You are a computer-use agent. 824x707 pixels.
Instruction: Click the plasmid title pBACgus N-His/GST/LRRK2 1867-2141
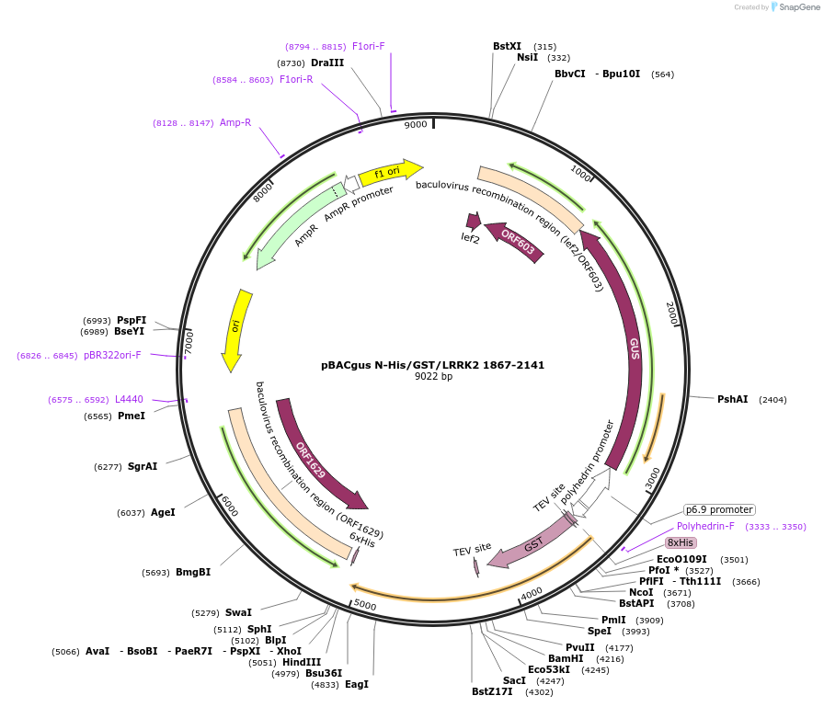pos(433,365)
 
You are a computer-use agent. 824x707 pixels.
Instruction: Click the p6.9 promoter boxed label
pos(719,509)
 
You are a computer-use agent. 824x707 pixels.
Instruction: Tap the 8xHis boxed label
pos(681,543)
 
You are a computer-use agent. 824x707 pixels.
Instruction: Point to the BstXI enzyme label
pos(507,46)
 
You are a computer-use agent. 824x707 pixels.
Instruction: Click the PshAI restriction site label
pos(733,399)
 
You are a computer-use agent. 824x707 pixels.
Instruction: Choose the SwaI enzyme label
pos(238,612)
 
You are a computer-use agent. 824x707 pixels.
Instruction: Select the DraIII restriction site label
pos(327,63)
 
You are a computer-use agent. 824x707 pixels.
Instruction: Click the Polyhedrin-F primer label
pos(705,527)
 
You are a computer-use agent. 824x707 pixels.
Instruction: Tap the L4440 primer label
pos(129,399)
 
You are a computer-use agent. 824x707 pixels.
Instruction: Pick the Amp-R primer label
pos(235,122)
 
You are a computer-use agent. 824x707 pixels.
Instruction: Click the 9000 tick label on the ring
pos(416,124)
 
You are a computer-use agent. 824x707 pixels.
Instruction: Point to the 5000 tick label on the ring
pos(365,606)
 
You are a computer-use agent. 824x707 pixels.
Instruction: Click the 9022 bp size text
pos(433,377)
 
